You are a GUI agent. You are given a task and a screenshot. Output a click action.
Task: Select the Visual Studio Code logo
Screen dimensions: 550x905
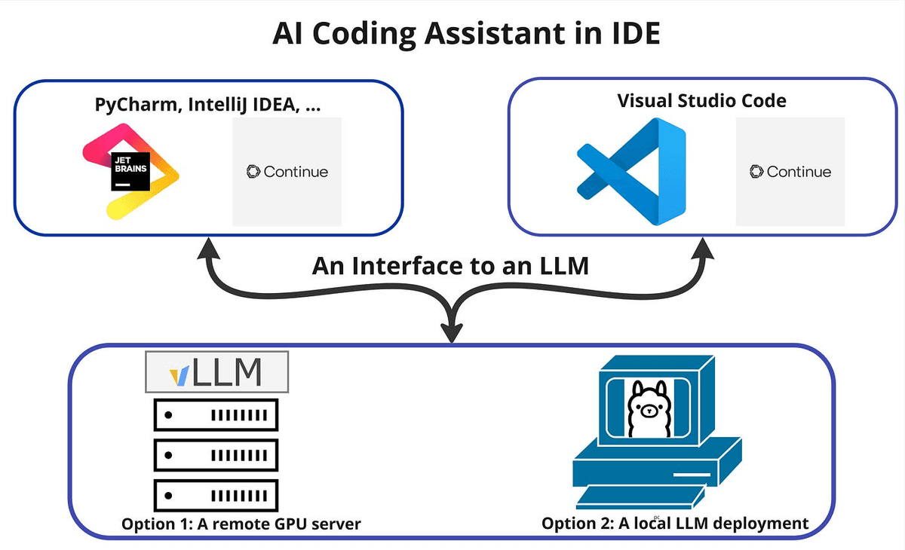(630, 171)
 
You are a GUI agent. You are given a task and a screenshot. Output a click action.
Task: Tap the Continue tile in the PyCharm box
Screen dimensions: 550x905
(287, 172)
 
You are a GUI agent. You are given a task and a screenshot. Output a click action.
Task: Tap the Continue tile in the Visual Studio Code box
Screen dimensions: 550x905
(790, 172)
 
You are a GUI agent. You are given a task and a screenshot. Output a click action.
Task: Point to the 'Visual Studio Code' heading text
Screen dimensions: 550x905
(701, 100)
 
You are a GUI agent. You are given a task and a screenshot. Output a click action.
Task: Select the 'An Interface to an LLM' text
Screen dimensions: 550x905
(450, 266)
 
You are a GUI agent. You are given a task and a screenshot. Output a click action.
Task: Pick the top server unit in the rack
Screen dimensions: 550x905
(216, 414)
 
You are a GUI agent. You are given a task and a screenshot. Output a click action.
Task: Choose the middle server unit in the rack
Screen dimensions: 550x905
(216, 454)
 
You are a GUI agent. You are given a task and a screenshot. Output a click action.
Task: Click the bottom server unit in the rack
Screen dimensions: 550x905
(216, 495)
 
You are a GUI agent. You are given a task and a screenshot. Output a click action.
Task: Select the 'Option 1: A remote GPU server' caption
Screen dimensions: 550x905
(241, 524)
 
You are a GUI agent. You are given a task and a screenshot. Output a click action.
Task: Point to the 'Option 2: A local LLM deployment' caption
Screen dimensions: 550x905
(675, 523)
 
